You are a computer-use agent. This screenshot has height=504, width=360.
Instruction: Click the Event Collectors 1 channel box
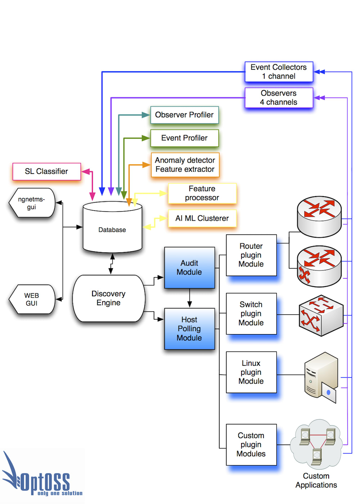pos(279,72)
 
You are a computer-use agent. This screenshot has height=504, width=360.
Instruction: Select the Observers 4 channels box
pos(279,98)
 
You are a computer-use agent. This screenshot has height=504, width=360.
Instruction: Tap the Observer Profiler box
pos(184,115)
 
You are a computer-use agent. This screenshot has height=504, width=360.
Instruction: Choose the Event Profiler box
pos(184,138)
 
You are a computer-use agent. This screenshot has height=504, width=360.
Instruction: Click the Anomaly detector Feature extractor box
pos(185,165)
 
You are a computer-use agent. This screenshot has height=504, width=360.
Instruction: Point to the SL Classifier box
pos(46,171)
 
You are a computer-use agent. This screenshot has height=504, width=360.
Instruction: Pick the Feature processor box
pos(202,193)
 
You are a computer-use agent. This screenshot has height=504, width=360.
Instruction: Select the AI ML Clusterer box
pos(202,218)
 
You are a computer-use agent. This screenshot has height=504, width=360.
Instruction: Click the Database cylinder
pos(112,230)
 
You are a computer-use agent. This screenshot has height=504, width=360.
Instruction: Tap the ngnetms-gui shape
pos(32,203)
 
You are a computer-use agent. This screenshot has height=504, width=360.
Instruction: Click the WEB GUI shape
pos(32,299)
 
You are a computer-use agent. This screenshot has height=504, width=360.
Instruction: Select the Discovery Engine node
pos(108,298)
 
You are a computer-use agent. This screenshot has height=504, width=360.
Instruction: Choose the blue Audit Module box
pos(189,267)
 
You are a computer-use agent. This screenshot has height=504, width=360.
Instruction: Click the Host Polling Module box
pos(189,329)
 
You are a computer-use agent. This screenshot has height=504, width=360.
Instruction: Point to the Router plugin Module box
pos(251,255)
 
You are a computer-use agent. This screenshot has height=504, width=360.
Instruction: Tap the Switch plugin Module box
pos(251,314)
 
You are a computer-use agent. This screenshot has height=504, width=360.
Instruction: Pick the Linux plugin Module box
pos(251,372)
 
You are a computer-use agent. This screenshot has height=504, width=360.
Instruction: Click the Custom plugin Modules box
pos(251,445)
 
